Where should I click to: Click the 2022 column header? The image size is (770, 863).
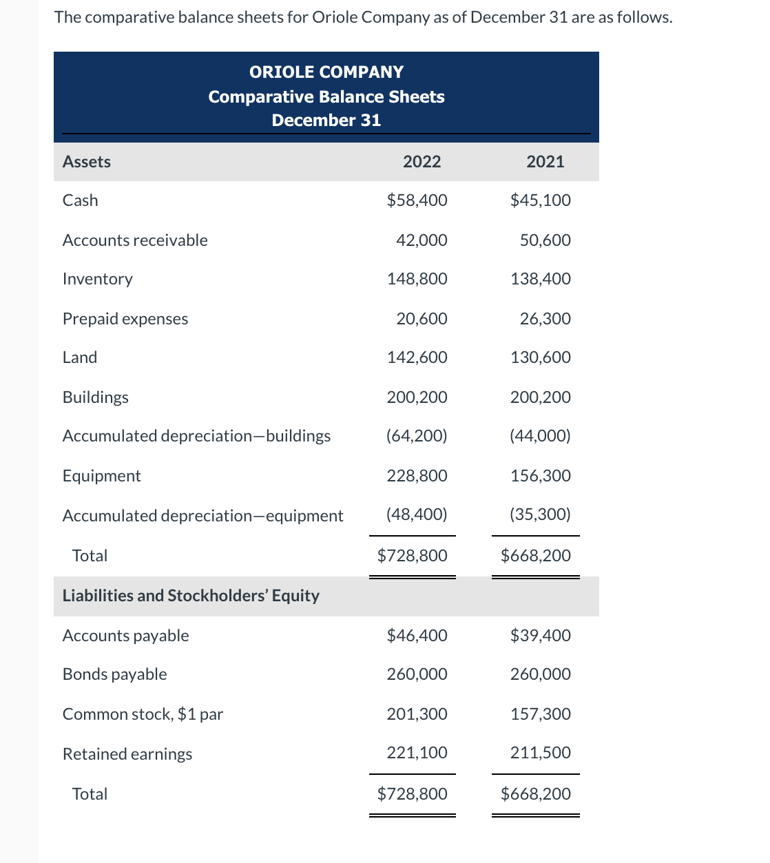coord(422,162)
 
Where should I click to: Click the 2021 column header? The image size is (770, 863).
coord(545,162)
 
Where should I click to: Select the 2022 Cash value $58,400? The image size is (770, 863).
coord(417,200)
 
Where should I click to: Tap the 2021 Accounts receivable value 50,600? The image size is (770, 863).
coord(545,240)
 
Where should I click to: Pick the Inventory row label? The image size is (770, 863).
coord(98,279)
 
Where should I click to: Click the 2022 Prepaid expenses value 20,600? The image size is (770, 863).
coord(422,319)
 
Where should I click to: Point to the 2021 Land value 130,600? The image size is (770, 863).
coord(540,357)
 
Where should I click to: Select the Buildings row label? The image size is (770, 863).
coord(96,397)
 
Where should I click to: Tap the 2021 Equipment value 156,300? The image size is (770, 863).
coord(540,476)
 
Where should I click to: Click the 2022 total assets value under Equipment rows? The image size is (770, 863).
coord(412,556)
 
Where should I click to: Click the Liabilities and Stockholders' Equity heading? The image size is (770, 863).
coord(191,596)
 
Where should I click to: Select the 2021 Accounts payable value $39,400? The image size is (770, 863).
coord(540,636)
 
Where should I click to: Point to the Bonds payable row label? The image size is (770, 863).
coord(115,674)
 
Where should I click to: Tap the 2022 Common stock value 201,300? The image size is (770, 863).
coord(417,714)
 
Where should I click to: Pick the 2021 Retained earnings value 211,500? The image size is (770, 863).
coord(540,753)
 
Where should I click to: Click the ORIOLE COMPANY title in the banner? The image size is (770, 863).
coord(326,72)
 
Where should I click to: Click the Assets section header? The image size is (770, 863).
coord(87,162)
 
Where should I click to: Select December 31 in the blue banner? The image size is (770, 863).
coord(326,121)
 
